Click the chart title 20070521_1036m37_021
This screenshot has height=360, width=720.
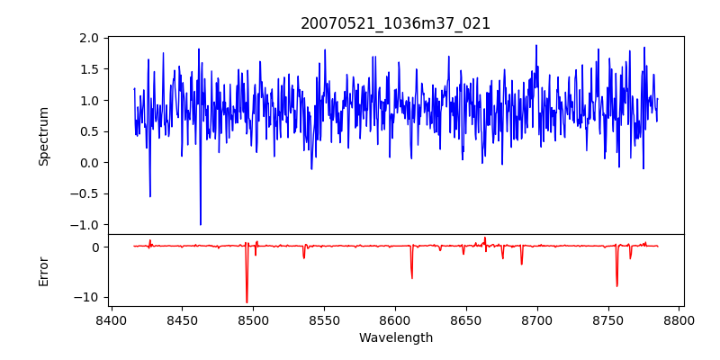tap(395, 23)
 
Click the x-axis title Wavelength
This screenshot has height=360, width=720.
tap(395, 337)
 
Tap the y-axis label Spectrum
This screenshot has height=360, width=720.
tap(43, 136)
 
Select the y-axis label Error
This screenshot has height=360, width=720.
tap(43, 271)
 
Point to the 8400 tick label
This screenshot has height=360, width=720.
tap(111, 320)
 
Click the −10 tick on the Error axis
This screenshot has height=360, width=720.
tap(87, 297)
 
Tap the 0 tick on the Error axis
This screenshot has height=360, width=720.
tap(94, 247)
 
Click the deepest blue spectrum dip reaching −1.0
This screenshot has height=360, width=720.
tap(201, 224)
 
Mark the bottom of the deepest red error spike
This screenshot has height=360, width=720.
tap(247, 302)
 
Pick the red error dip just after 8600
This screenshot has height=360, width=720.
tap(412, 277)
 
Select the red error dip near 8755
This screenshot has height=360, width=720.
tap(617, 285)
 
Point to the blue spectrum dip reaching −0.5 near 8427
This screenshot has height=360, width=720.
tap(150, 196)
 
